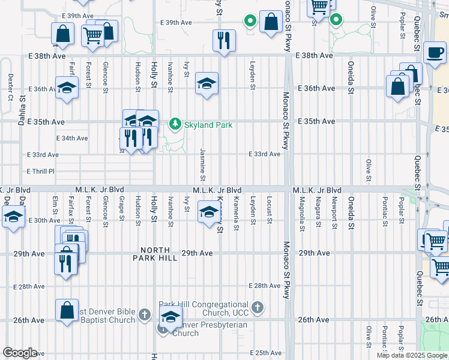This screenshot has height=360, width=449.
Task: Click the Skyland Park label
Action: pyautogui.click(x=208, y=124)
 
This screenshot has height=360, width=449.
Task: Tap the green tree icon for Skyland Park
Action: pyautogui.click(x=175, y=124)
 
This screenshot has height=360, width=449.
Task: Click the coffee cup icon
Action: pyautogui.click(x=435, y=52)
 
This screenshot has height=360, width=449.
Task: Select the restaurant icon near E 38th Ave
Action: pyautogui.click(x=224, y=41)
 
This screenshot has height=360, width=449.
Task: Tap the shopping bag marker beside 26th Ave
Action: pyautogui.click(x=67, y=311)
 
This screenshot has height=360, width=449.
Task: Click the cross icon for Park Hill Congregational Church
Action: pyautogui.click(x=257, y=308)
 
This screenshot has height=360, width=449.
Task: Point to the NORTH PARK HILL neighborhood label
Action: pyautogui.click(x=159, y=254)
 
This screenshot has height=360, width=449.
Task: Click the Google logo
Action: pyautogui.click(x=20, y=353)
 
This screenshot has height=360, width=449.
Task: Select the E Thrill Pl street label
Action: pyautogui.click(x=41, y=171)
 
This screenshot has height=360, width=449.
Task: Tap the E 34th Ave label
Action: pyautogui.click(x=71, y=138)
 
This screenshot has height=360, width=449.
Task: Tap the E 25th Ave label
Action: pyautogui.click(x=265, y=353)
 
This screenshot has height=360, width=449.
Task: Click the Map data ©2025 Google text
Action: pyautogui.click(x=411, y=355)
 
